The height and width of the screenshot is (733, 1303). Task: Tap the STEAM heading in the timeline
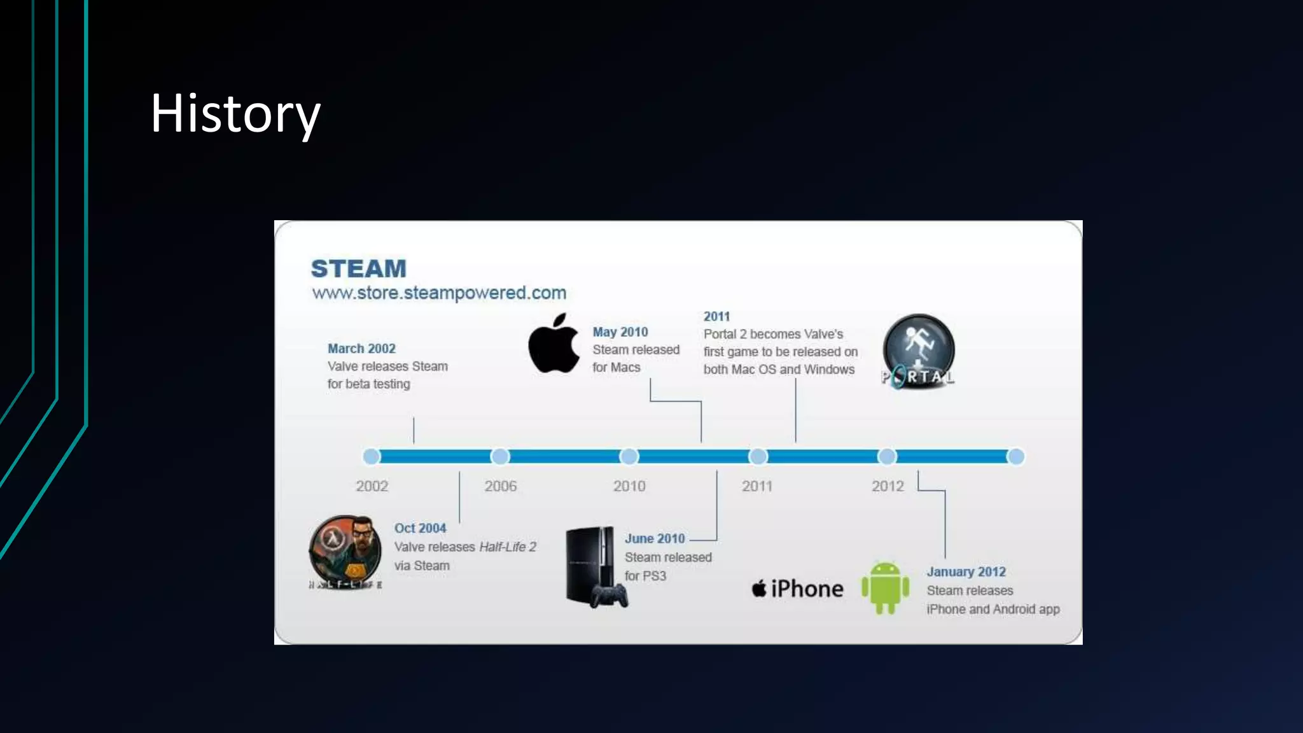point(358,269)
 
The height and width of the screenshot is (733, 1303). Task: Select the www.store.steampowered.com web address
point(439,293)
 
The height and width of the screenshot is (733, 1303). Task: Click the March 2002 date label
point(361,349)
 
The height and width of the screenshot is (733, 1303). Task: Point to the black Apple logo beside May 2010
point(554,344)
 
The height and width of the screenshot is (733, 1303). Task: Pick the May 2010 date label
point(620,332)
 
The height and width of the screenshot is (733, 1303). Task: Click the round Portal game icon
point(918,351)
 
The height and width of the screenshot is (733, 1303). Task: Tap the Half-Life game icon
point(345,551)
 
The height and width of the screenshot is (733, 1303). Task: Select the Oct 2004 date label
point(420,528)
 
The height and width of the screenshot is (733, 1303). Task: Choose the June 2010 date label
point(655,538)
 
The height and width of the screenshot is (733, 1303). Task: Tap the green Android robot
point(885,588)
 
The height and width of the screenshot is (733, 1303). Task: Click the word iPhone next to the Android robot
point(807,589)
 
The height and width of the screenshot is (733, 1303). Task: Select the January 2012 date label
point(966,572)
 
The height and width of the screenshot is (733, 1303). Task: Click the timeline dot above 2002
point(372,457)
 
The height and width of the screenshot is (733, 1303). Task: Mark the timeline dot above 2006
point(500,457)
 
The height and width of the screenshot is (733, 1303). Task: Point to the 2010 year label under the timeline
point(629,486)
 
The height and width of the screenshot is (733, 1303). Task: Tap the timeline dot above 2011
point(758,457)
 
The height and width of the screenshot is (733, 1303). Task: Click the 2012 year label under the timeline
point(888,486)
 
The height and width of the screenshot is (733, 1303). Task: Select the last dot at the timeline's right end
point(1016,457)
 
